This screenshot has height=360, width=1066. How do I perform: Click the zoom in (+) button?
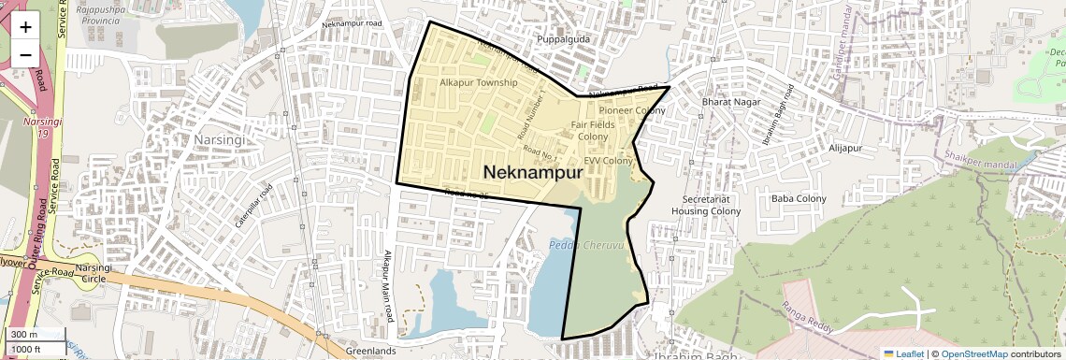[x=25, y=26]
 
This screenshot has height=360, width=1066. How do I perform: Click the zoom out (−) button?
[x=25, y=54]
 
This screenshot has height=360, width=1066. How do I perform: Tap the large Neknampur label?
[x=534, y=172]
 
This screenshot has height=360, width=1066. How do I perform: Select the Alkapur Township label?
[x=478, y=83]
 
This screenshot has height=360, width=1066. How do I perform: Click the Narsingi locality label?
[x=218, y=138]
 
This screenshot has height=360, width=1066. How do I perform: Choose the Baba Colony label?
[x=798, y=199]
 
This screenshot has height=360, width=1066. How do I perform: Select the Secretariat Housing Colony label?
[x=706, y=206]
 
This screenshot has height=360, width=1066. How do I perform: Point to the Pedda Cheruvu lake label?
[x=586, y=245]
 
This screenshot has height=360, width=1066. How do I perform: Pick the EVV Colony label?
[x=609, y=161]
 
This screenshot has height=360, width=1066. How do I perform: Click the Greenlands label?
[x=370, y=352]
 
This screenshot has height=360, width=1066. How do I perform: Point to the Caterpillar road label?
[x=253, y=206]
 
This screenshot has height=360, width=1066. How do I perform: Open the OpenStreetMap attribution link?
[x=973, y=353]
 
